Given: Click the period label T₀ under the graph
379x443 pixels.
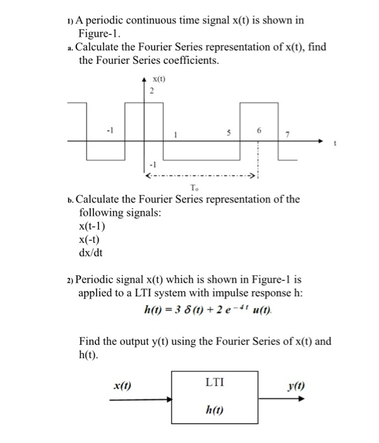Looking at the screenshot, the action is pos(193,187).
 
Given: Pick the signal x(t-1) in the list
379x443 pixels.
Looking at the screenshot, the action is pos(92,227).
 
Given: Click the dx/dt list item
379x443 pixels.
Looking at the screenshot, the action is pos(90,253).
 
